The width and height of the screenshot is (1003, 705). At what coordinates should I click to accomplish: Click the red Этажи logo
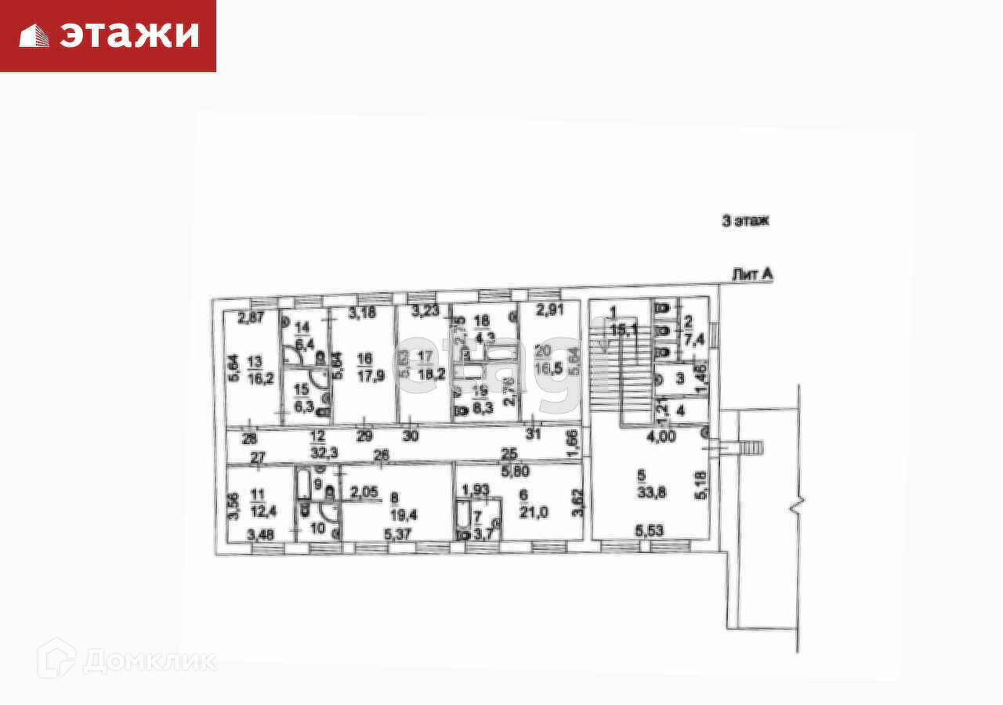[x=108, y=35]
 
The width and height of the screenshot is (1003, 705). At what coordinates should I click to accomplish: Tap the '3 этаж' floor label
[x=745, y=221]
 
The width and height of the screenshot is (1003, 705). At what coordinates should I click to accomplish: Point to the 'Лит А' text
[x=752, y=274]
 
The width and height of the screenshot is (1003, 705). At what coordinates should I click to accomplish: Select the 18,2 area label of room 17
[x=425, y=374]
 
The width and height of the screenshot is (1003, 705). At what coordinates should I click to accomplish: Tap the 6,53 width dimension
[x=650, y=531]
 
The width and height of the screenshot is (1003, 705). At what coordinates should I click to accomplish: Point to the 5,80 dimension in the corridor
[x=516, y=472]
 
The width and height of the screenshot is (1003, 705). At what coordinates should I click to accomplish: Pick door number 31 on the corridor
[x=533, y=434]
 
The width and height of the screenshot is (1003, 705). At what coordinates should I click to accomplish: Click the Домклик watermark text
[x=148, y=661]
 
